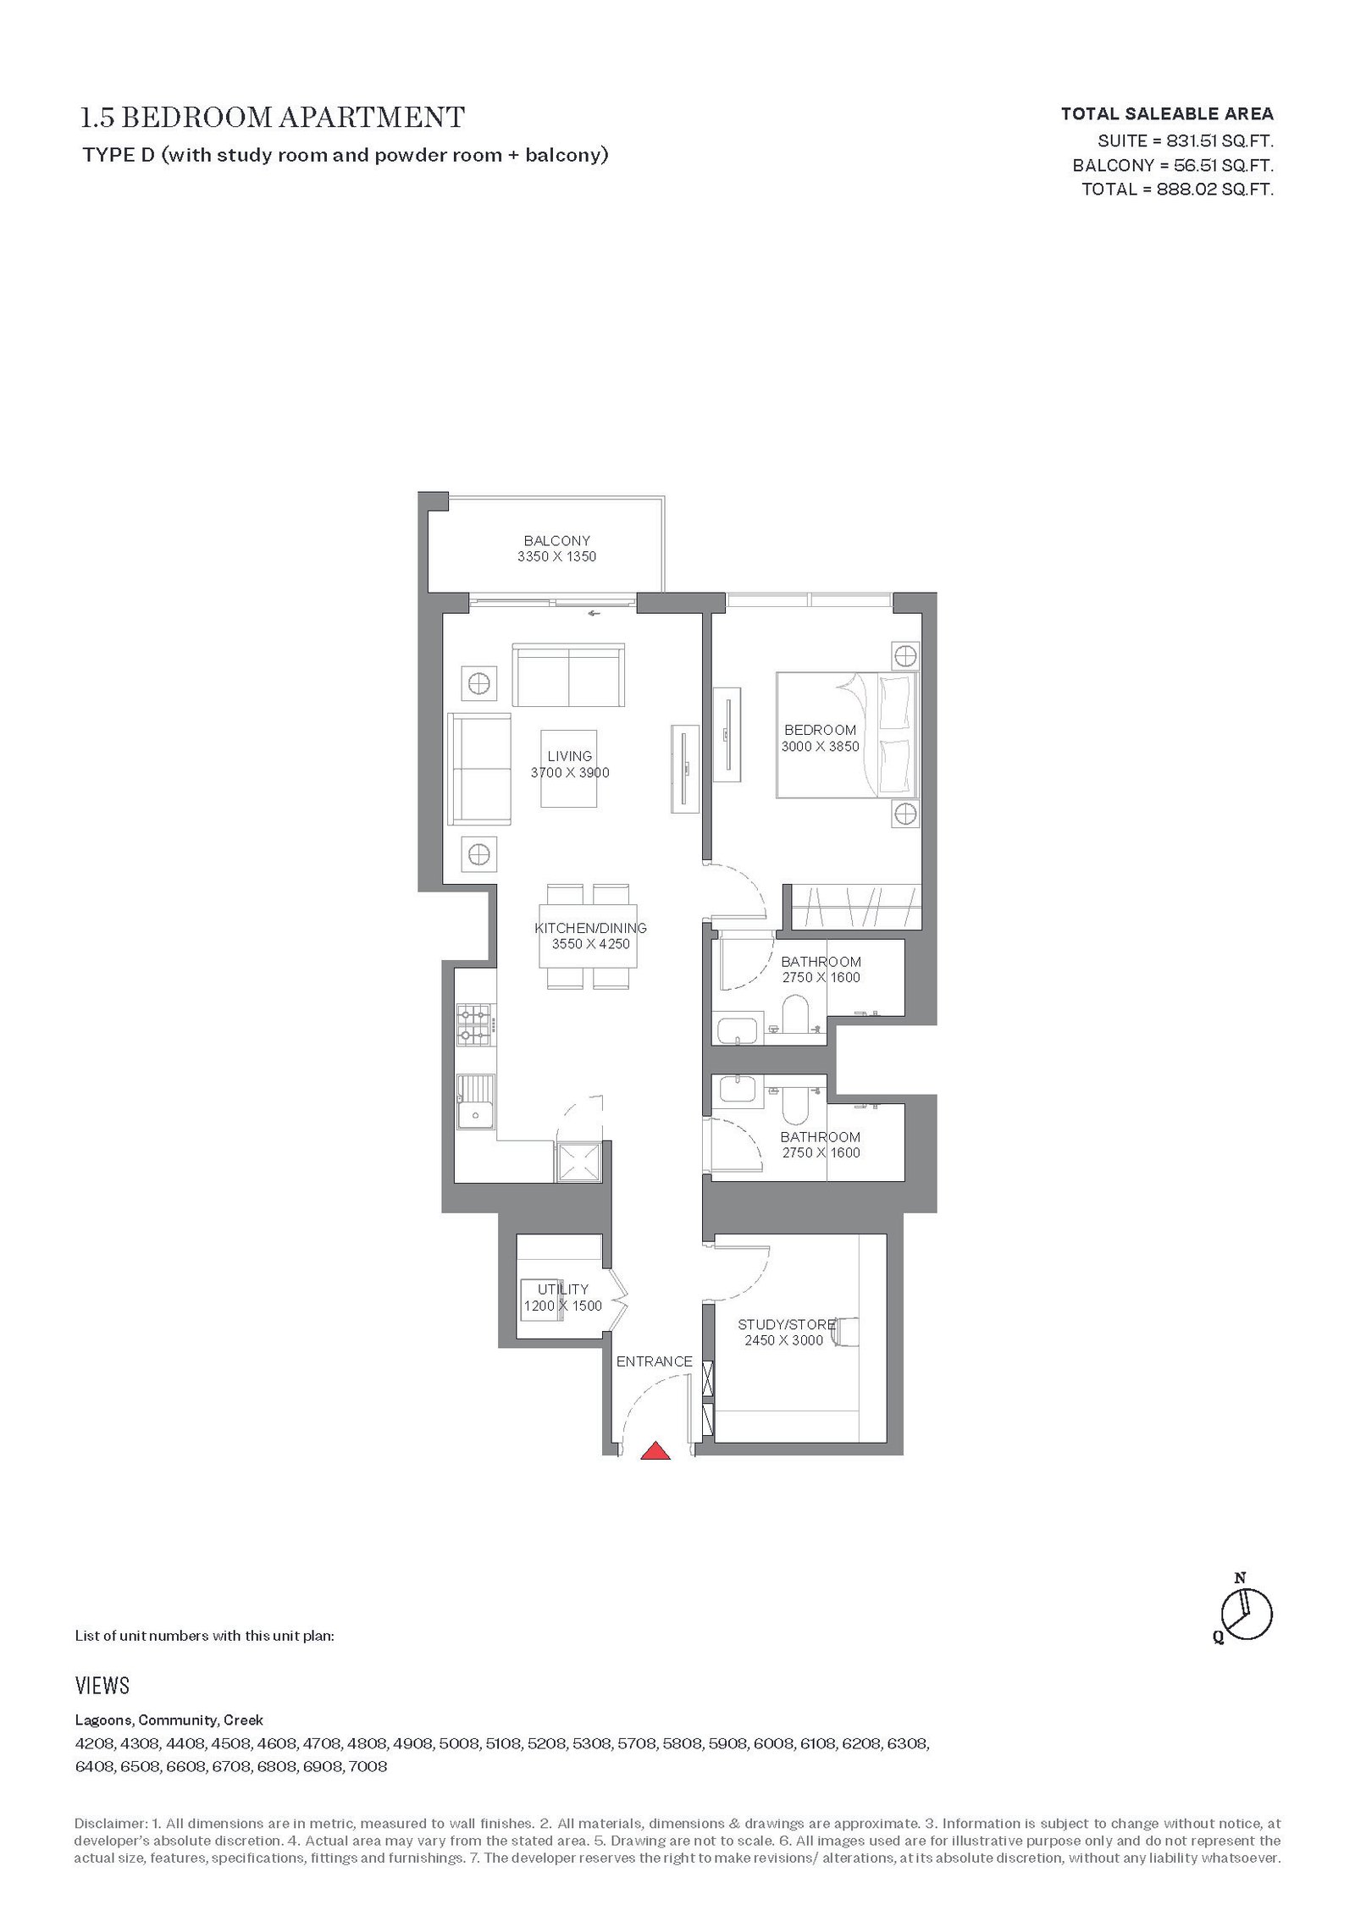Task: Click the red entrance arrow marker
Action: point(655,1450)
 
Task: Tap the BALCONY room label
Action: point(556,540)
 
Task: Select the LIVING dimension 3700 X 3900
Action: point(570,772)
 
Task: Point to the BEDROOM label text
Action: point(820,730)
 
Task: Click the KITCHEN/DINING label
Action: point(590,928)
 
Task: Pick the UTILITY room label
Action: point(562,1289)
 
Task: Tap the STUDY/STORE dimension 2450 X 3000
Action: point(783,1340)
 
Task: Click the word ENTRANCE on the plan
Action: point(654,1361)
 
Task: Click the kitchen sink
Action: point(476,1102)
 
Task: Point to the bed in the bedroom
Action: point(847,735)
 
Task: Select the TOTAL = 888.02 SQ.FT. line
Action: point(1177,189)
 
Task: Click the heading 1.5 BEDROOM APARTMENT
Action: point(273,117)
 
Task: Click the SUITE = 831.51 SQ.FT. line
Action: point(1186,141)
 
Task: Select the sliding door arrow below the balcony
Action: point(595,613)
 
